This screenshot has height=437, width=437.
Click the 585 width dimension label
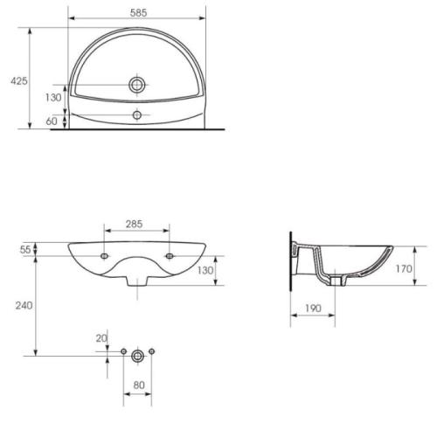click(138, 13)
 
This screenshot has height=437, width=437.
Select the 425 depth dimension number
click(19, 81)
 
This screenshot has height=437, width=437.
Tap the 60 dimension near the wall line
click(52, 121)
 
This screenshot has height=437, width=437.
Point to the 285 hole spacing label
click(134, 224)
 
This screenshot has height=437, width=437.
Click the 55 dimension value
click(25, 250)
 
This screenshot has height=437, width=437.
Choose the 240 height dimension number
click(24, 306)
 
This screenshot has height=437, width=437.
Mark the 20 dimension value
click(101, 338)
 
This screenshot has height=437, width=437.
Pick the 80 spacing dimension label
click(139, 385)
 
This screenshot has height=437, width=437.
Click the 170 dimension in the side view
click(404, 268)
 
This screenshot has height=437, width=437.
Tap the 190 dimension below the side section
click(313, 309)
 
